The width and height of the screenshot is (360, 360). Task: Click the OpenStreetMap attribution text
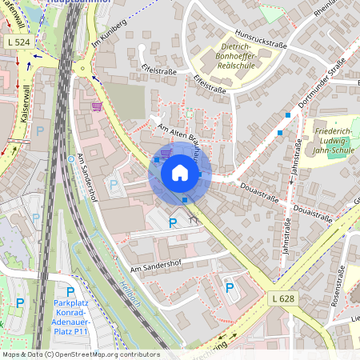pyautogui.click(x=81, y=354)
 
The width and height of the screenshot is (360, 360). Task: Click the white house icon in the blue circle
pyautogui.click(x=180, y=173)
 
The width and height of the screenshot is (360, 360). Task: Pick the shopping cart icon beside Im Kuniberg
pyautogui.click(x=97, y=106)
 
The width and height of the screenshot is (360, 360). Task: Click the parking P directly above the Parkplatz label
pyautogui.click(x=70, y=292)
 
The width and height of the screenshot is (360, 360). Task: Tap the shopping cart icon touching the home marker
pyautogui.click(x=166, y=153)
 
